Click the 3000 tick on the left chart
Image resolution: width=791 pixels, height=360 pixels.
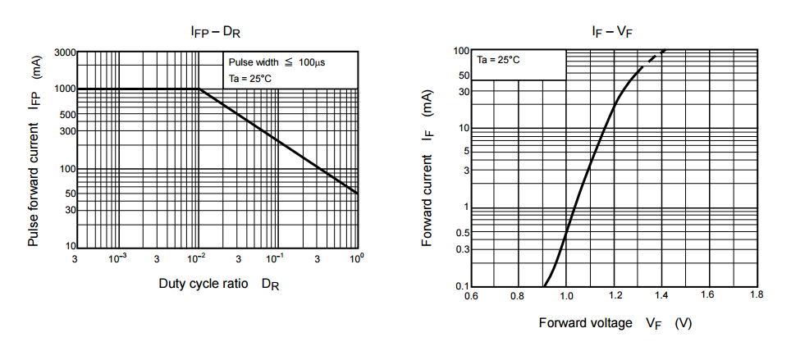tap(64, 52)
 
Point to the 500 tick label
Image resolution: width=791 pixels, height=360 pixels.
tap(67, 114)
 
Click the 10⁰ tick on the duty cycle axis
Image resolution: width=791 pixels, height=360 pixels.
tap(356, 258)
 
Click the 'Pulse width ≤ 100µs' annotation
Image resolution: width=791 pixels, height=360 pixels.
tap(277, 62)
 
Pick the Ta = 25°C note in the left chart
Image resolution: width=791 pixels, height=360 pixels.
tap(249, 79)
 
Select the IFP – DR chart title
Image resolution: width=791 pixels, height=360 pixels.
tap(215, 32)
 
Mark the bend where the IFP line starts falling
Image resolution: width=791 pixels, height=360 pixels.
tap(199, 89)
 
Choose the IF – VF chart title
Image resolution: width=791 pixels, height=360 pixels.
tap(612, 32)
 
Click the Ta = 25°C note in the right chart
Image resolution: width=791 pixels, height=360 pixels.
tap(500, 60)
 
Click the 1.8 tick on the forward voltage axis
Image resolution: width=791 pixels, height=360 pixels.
tap(756, 294)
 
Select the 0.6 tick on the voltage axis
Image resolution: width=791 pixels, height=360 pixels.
tap(470, 294)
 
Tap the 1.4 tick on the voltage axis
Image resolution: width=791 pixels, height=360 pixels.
tap(661, 294)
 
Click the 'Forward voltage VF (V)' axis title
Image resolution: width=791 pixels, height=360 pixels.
tap(615, 323)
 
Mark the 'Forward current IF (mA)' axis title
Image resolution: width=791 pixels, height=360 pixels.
tap(428, 169)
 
